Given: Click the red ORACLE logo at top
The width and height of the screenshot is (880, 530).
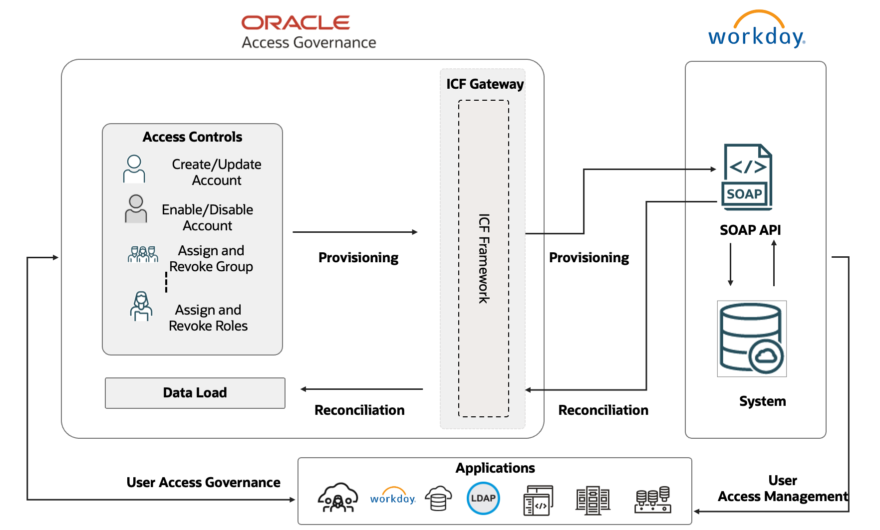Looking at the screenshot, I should click(x=295, y=22).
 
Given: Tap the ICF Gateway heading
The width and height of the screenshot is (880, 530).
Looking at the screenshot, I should click(x=485, y=84).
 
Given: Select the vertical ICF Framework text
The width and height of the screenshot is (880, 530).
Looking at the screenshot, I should click(x=484, y=258).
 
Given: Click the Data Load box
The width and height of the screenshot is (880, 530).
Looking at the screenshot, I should click(x=195, y=393).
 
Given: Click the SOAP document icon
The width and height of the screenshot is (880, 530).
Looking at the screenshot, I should click(x=747, y=177).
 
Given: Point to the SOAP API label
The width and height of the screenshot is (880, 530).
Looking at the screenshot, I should click(x=750, y=230).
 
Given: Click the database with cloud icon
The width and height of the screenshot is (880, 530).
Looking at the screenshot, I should click(x=751, y=339).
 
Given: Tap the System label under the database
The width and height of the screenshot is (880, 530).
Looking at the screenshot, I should click(x=762, y=401).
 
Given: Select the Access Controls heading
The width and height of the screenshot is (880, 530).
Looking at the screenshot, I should click(x=192, y=137).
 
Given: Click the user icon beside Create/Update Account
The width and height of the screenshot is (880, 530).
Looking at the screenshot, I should click(x=134, y=169).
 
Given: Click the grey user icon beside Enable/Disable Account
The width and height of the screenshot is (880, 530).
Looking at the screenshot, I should click(x=136, y=209).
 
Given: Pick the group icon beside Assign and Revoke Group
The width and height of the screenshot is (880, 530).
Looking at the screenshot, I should click(x=143, y=254).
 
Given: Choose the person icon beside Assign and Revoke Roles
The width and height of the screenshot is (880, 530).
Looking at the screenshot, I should click(x=141, y=306).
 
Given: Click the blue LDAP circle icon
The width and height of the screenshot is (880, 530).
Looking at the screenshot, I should click(x=483, y=498).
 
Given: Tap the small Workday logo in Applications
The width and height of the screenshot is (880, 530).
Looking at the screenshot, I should click(x=393, y=497).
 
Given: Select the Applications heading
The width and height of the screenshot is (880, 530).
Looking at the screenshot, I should click(x=495, y=468).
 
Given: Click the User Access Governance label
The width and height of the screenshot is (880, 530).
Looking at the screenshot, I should click(x=203, y=483).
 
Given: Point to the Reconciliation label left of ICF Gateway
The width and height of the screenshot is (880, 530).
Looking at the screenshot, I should click(x=359, y=410).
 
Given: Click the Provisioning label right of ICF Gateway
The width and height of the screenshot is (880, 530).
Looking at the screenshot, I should click(x=588, y=258).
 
